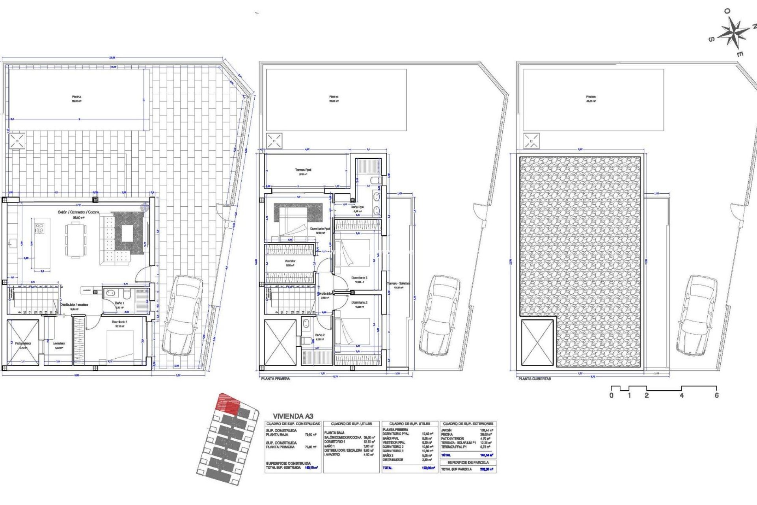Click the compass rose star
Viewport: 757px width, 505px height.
(x=733, y=33)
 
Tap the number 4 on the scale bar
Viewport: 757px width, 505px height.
(x=681, y=395)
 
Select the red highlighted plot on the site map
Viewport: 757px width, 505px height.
(x=228, y=404)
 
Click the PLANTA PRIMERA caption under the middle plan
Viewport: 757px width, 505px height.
(x=276, y=379)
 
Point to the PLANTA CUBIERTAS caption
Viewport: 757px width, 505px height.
(x=535, y=379)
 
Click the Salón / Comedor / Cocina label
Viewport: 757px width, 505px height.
(x=78, y=212)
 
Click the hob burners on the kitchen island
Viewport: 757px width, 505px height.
(x=40, y=228)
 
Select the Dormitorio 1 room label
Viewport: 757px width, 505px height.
(x=119, y=322)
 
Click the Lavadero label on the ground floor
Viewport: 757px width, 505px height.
(x=59, y=344)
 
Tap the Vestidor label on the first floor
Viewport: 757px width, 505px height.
(x=290, y=261)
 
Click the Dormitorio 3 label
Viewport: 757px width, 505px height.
(x=359, y=278)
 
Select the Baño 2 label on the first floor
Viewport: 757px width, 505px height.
(x=320, y=335)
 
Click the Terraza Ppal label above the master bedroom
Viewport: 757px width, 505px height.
(x=303, y=170)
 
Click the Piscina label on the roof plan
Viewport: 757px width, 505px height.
(x=591, y=97)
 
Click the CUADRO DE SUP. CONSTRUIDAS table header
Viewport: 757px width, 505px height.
(x=293, y=424)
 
